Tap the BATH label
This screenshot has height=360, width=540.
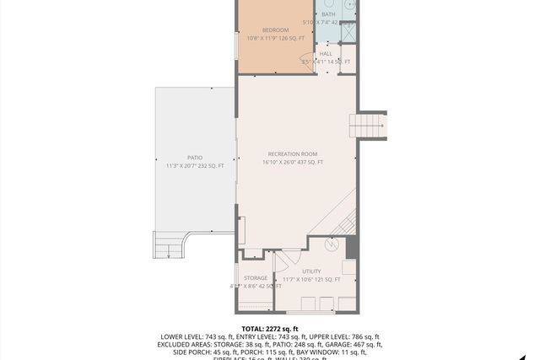[328, 14]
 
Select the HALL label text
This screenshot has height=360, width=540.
[326, 53]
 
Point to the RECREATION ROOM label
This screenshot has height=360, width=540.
[292, 153]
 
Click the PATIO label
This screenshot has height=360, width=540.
[195, 158]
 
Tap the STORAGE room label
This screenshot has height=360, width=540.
[256, 277]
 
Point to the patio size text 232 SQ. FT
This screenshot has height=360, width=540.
[210, 166]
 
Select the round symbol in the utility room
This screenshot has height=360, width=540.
[332, 245]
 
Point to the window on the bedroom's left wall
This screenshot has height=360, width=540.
[237, 42]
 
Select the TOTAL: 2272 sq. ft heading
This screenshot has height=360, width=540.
[270, 328]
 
